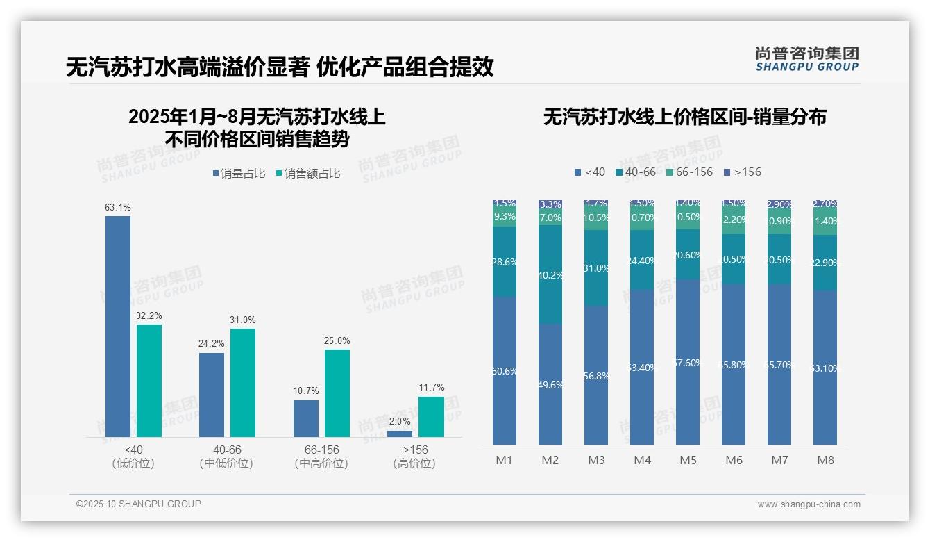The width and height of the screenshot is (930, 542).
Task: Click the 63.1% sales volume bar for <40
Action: [118, 327]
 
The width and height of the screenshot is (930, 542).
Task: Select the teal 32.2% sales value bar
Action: [149, 381]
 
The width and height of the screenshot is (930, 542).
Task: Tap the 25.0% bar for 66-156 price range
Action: [337, 393]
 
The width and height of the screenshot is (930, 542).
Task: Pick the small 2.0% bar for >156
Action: [400, 434]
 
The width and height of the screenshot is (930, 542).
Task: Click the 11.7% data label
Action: [432, 388]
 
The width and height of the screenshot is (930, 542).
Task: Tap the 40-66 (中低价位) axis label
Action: [226, 457]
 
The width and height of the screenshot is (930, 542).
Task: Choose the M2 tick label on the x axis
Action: [550, 460]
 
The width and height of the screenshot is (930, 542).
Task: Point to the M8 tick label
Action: [825, 460]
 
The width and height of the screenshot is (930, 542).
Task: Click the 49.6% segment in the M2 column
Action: [550, 384]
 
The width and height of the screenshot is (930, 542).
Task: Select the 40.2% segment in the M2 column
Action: [550, 274]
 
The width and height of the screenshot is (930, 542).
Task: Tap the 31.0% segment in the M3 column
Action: [596, 268]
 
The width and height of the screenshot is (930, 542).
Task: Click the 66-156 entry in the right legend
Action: [690, 172]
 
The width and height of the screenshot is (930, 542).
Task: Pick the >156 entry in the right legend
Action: [743, 172]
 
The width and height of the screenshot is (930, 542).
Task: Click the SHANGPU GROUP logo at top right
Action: [806, 59]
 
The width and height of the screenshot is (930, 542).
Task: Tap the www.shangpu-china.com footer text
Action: [809, 504]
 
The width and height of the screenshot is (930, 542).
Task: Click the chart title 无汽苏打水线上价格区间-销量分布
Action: [684, 117]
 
